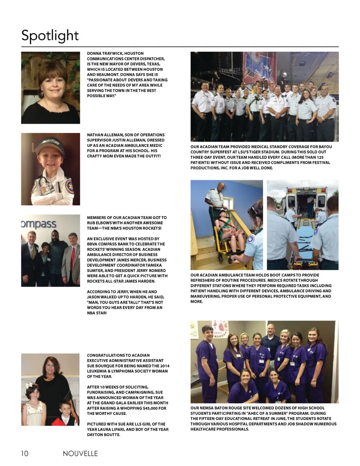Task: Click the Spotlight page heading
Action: (50, 36)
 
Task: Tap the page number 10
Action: (24, 453)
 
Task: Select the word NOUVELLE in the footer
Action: (80, 453)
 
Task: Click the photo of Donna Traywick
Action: (50, 88)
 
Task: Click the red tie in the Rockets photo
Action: (73, 259)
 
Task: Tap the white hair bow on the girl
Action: (30, 386)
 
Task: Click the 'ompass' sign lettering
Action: (39, 224)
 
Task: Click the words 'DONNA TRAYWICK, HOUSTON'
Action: (115, 54)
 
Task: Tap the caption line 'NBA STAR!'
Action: (97, 313)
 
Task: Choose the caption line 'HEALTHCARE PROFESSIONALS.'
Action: (220, 429)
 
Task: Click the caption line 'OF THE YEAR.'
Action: (99, 377)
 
